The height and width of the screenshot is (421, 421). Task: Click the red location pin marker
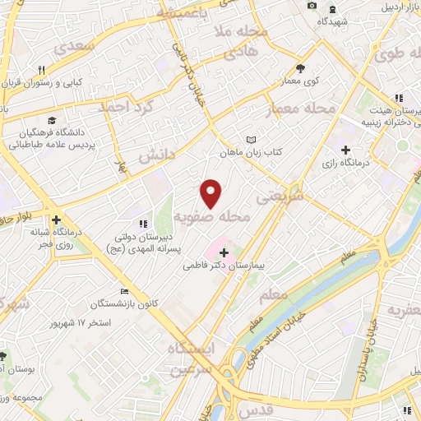[x=211, y=192]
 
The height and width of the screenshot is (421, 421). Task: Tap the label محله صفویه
[x=211, y=217]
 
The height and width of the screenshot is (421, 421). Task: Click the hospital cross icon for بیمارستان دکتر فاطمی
[x=224, y=252]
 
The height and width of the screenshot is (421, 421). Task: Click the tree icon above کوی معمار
[x=300, y=69]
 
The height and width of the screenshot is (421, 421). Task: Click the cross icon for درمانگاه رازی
[x=345, y=150]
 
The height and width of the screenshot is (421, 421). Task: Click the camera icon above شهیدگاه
[x=312, y=7]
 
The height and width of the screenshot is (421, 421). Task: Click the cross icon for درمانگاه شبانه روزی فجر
[x=56, y=220]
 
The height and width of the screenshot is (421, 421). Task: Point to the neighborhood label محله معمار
[x=303, y=109]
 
